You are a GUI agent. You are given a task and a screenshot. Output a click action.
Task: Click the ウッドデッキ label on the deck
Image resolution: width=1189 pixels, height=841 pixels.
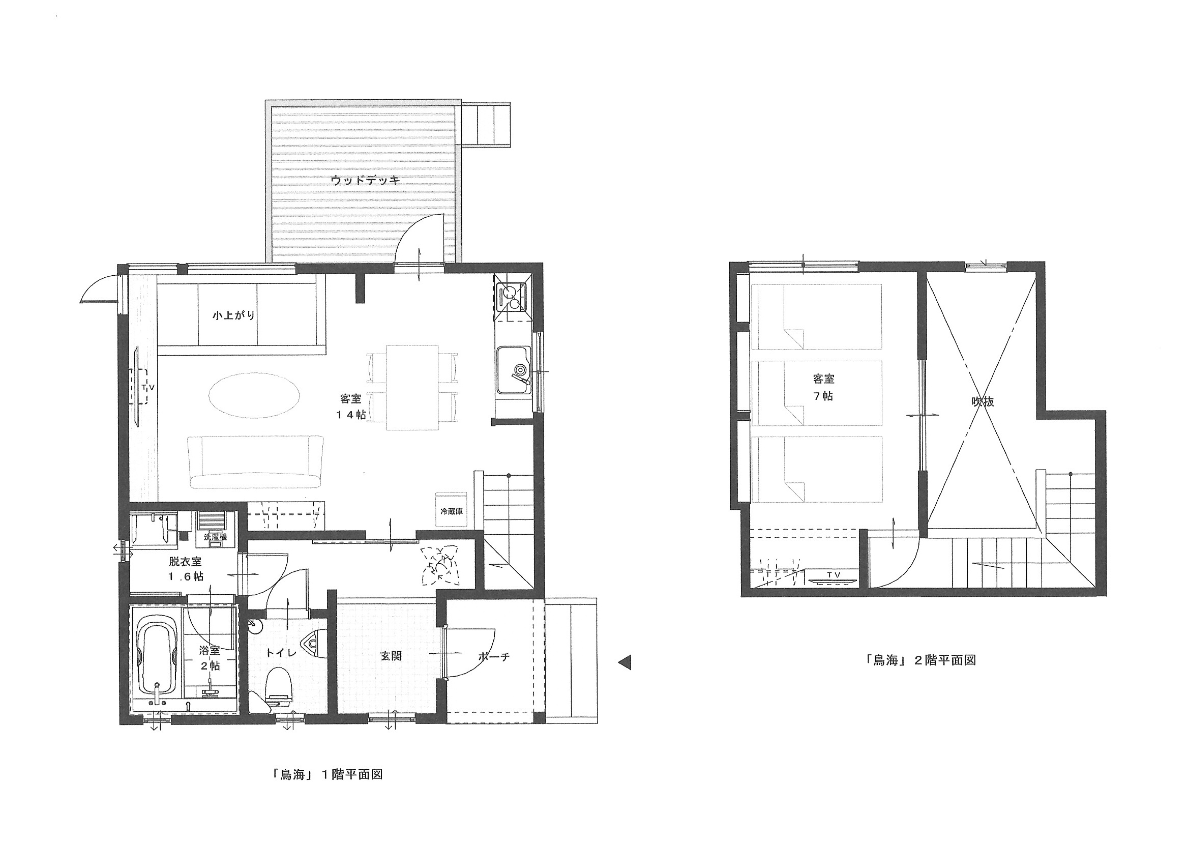(x=366, y=181)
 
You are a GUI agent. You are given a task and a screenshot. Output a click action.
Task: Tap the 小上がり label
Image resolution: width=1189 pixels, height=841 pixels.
(x=234, y=315)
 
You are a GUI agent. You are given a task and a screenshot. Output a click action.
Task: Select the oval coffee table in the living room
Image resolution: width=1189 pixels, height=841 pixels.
(x=254, y=395)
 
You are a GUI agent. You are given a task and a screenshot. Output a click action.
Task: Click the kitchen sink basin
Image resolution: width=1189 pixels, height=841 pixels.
(x=513, y=370)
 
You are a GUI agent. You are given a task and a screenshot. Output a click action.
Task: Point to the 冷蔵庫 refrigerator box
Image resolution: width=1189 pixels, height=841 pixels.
(x=451, y=510)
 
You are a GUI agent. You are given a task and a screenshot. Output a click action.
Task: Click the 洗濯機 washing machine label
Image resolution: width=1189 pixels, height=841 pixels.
(x=216, y=537)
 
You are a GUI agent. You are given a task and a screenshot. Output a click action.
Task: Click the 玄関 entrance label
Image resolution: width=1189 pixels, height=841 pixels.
(x=391, y=656)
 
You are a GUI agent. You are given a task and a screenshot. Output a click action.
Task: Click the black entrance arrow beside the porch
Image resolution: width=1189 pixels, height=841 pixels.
(x=625, y=662)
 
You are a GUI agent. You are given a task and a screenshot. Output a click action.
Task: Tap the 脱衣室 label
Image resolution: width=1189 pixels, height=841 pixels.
(x=185, y=561)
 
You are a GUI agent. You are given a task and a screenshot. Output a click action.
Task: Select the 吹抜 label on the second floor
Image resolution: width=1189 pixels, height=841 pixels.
(x=983, y=401)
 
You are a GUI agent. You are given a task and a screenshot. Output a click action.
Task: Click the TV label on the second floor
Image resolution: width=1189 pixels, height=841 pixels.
(x=833, y=574)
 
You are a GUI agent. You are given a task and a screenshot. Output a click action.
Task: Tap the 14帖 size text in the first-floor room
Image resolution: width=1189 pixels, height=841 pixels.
(x=350, y=415)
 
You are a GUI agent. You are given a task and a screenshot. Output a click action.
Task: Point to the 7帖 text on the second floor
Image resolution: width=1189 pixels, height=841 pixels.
(x=823, y=396)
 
